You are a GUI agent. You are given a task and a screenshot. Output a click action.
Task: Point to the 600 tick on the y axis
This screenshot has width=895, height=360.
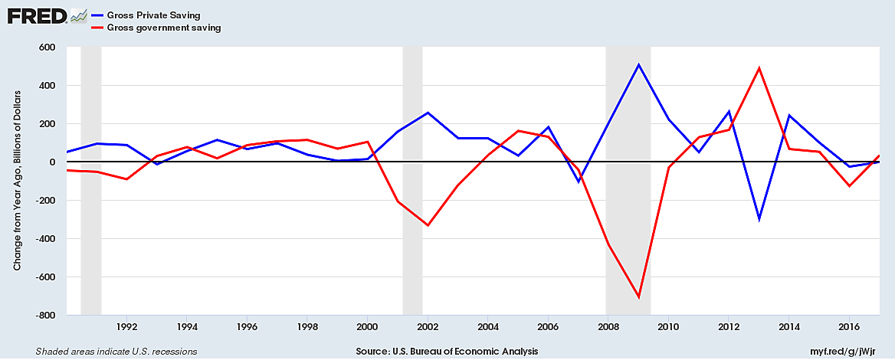[x=47, y=47]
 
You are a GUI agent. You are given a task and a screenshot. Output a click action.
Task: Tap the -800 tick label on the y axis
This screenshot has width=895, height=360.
[x=44, y=316]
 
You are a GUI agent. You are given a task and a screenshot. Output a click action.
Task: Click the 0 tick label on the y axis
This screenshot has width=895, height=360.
[x=54, y=162]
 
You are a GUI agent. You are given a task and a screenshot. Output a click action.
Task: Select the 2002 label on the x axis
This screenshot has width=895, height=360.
[x=428, y=328]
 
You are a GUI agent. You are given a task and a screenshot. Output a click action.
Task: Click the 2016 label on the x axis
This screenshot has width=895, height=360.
[x=849, y=328]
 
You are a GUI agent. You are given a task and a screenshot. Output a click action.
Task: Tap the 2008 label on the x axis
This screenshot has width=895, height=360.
[x=608, y=328]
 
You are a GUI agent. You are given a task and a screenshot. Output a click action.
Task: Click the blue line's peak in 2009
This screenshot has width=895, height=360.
[x=638, y=64]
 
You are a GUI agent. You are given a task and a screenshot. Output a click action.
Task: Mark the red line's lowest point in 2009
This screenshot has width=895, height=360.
[x=638, y=297]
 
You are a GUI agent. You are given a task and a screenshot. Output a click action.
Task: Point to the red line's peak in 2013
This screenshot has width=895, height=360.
[x=759, y=67]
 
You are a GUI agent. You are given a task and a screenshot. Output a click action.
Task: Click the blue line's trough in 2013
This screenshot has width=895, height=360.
[x=759, y=219]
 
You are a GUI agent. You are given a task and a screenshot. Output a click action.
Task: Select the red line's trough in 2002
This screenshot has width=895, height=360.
[x=428, y=225]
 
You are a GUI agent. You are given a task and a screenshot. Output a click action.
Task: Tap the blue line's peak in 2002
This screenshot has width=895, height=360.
[x=428, y=113]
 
